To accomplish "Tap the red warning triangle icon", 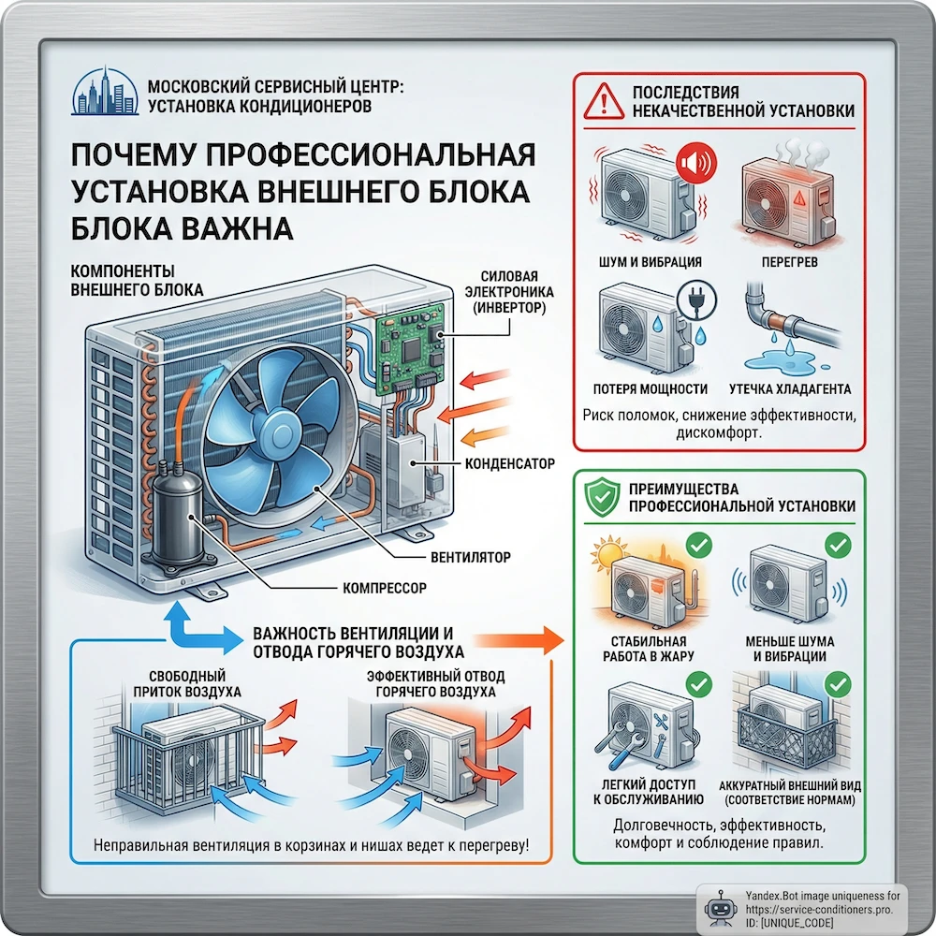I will (605, 101).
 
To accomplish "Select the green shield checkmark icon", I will (601, 497).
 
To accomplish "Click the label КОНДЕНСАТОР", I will (509, 463).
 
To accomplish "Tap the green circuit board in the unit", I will (409, 351).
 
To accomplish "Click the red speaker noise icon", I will (694, 165).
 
